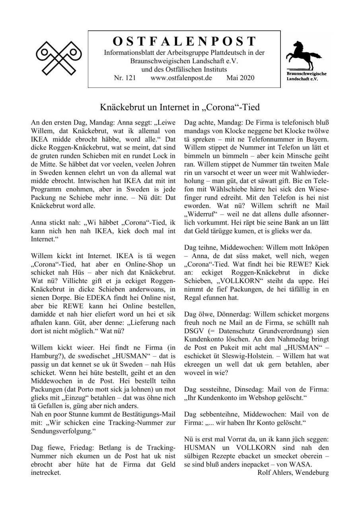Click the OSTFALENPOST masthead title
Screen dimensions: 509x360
pyautogui.click(x=184, y=41)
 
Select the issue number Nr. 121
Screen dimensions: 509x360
pyautogui.click(x=125, y=78)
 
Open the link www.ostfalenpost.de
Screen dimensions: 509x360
pyautogui.click(x=181, y=78)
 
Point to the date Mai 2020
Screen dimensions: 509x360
pyautogui.click(x=240, y=78)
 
